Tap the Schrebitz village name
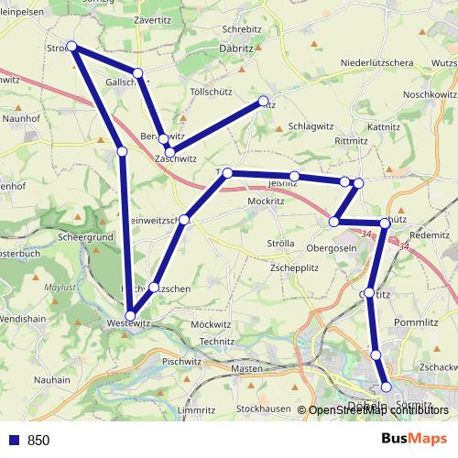pos(242,29)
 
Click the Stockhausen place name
pos(263,409)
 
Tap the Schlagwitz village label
pos(311,126)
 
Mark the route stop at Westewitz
pos(132,316)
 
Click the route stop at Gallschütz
pos(137,72)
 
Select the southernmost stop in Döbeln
pos(386,387)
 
